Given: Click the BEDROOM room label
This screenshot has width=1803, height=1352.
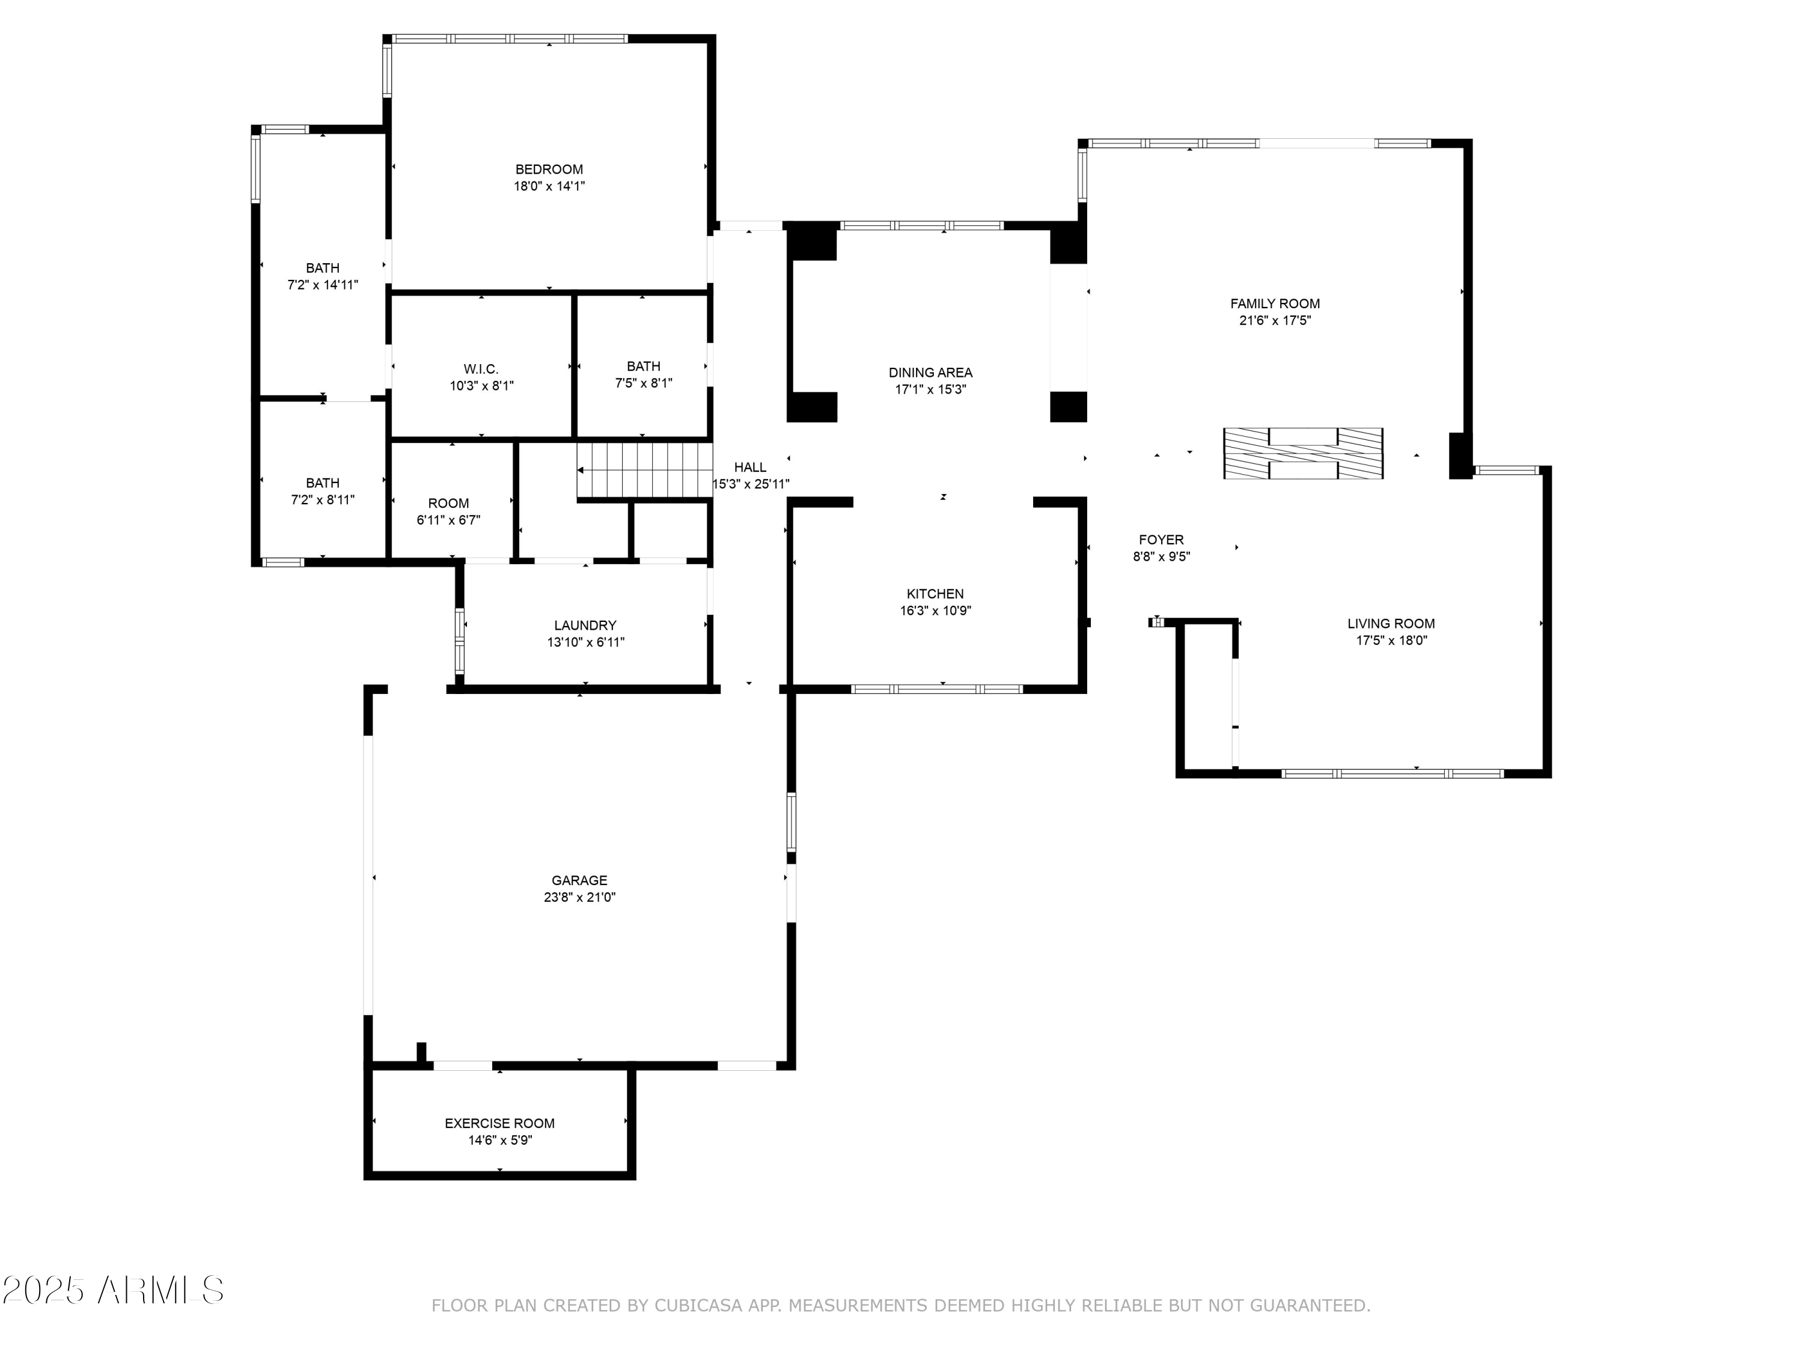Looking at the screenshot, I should (549, 169).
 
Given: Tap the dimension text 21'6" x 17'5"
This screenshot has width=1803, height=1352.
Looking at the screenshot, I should (1275, 320).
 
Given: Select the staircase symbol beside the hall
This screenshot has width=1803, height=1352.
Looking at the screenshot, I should (644, 470).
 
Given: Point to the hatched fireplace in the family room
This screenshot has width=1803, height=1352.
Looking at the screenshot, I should (1302, 453).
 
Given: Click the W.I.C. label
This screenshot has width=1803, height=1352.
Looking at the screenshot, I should (481, 369).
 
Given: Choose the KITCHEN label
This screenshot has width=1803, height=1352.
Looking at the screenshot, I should (935, 594).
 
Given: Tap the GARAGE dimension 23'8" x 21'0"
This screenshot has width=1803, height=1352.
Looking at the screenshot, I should (579, 897).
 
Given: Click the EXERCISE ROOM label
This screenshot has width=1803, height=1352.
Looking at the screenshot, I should (499, 1123).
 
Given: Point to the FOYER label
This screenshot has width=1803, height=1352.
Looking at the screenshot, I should (1161, 540).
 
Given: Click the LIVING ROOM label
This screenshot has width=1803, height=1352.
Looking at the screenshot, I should (1391, 624).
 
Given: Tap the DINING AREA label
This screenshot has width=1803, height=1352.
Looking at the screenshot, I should (930, 373).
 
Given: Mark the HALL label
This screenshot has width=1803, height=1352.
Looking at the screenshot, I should (750, 467).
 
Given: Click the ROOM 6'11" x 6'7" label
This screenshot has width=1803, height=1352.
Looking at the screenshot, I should (448, 503).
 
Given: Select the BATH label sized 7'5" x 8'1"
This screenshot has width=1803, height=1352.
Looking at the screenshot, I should (643, 366).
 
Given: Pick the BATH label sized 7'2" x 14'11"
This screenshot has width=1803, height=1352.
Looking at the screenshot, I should (323, 268).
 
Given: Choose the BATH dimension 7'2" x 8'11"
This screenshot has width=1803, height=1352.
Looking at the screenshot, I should (323, 499).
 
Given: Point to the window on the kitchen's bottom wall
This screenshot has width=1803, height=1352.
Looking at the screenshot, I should (936, 689).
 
